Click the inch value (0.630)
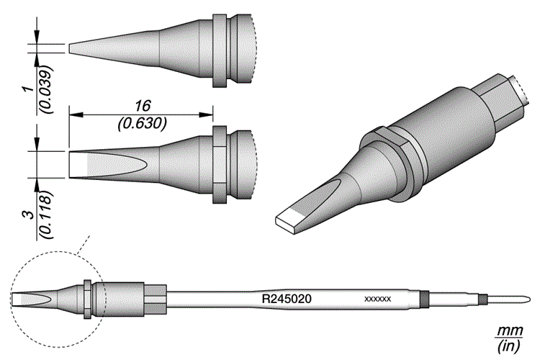(141, 122)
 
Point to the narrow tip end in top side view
(72, 48)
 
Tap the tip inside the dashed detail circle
(32, 297)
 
